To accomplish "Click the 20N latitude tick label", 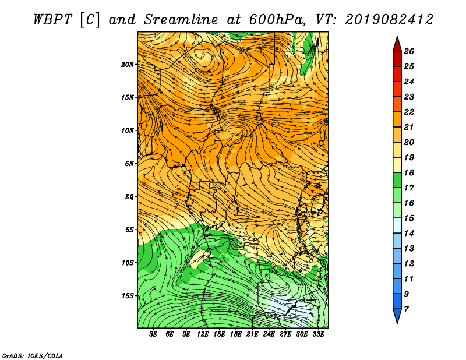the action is point(128,65).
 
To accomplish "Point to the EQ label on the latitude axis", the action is point(129,197).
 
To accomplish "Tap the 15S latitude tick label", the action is point(128,296).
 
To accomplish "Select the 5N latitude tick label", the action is point(129,164).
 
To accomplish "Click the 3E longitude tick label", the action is point(153,334).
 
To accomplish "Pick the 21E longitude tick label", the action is point(252,334).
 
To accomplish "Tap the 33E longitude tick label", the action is point(318,334).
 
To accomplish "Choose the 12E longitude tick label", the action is point(202,334).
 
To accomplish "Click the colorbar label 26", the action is point(409,51).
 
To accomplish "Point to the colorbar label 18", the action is point(409,172).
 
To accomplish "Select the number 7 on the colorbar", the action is point(406,309).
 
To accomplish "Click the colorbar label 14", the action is point(409,234).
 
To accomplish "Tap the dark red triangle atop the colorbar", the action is point(397,45).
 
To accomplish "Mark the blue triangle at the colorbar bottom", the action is point(397,315).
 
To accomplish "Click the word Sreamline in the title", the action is point(181,20).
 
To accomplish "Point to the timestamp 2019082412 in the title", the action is point(389,20).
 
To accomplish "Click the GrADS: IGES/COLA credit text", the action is point(33,356).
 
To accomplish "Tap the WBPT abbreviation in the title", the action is point(53,20).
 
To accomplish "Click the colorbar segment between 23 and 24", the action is point(397,89).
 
